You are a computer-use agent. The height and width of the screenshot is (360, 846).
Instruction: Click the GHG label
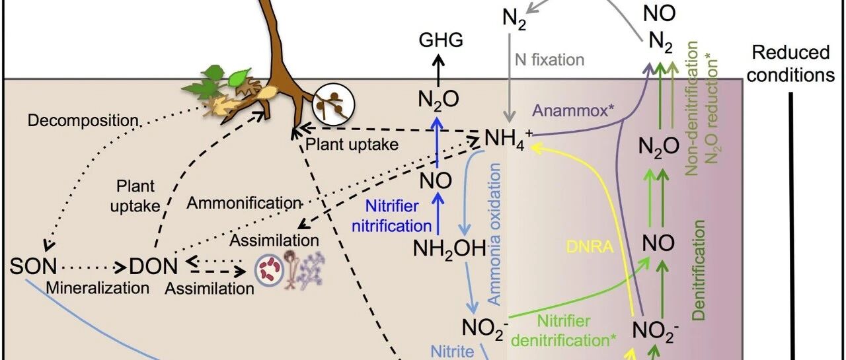[441, 40]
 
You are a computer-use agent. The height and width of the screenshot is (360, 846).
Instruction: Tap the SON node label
[33, 266]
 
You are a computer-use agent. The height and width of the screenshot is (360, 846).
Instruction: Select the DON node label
[153, 266]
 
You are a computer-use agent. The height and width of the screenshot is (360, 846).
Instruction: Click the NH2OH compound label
[449, 249]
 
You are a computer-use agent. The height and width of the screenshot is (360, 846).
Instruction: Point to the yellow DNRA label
[590, 247]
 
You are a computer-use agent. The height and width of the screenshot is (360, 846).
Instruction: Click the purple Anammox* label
[573, 110]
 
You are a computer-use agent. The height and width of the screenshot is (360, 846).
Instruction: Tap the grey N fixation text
[549, 59]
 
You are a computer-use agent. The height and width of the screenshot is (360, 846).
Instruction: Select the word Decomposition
[83, 122]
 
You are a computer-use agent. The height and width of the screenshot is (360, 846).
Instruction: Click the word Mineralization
[97, 288]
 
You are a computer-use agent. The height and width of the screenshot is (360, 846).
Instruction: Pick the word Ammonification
[244, 203]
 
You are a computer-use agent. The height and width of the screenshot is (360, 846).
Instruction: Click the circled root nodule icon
[334, 104]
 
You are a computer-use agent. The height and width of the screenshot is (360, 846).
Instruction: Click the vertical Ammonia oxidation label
[494, 234]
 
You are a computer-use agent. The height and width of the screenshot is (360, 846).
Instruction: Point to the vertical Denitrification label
[699, 270]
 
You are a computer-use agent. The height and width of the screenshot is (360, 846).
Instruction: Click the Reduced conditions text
[790, 64]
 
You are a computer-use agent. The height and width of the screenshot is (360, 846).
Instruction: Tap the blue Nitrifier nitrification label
[392, 216]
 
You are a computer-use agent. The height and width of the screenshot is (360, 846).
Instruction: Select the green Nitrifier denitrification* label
[564, 331]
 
